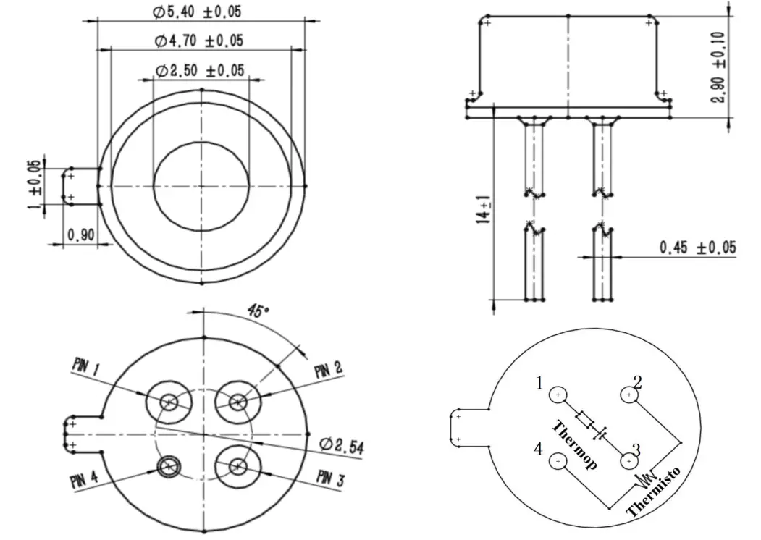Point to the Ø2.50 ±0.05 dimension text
201,70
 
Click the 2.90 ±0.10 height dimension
718,67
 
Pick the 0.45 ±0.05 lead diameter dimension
697,248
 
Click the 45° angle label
258,312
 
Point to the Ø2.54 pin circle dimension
340,445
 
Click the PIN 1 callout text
86,367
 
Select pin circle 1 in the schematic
558,395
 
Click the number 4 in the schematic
538,450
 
